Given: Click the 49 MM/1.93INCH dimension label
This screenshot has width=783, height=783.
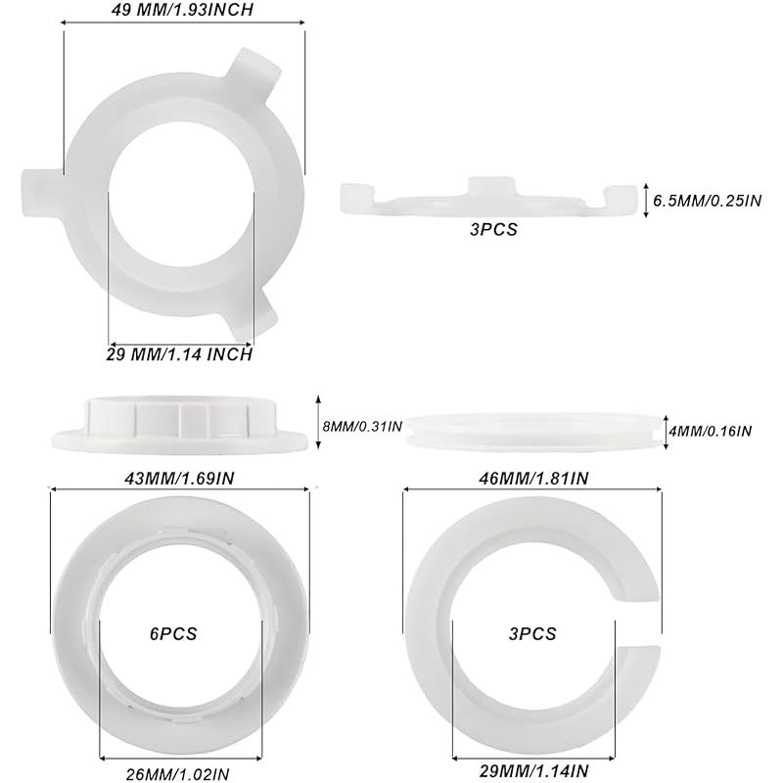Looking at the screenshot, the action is (182, 10).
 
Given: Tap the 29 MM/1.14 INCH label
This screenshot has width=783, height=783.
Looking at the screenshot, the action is (179, 354).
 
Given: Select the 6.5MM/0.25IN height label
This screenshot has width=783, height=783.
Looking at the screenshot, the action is (707, 201).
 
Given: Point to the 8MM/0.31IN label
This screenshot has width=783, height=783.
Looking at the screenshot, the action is (362, 427).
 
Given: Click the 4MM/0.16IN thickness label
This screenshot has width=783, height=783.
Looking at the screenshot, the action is (711, 431).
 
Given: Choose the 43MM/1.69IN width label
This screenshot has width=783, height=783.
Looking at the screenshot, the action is (179, 479).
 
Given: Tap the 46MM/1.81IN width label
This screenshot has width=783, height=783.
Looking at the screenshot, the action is (533, 479).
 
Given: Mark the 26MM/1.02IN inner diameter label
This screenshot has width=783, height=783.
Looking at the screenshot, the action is (178, 774).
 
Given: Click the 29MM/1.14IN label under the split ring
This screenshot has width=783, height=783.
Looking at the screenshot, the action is (533, 770).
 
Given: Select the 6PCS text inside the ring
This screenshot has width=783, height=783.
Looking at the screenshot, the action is (173, 633).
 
